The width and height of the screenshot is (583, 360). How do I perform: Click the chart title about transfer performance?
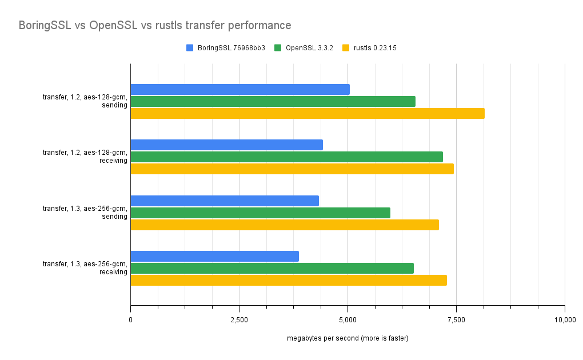pos(155,26)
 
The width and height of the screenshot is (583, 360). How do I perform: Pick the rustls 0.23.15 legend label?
pos(375,48)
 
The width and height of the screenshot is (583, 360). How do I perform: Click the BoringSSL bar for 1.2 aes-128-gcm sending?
pos(240,90)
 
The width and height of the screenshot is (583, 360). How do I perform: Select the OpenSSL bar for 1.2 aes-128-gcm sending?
pos(273,101)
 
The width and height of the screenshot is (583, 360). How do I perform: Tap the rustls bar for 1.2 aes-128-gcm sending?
pos(308,113)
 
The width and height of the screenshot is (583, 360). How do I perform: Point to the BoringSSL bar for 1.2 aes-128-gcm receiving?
pos(226,145)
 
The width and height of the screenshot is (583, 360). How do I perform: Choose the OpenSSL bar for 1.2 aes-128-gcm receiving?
pos(286,157)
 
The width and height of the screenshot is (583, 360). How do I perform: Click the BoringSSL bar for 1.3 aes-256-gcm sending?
pos(225,201)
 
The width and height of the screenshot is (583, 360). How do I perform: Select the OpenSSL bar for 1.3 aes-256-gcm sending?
pos(260,213)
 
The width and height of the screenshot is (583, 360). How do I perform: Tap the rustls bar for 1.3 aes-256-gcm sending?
pos(285,225)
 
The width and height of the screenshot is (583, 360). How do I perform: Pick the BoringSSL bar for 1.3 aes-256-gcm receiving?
pos(214,257)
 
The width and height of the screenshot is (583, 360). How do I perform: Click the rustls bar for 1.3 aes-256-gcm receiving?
pos(289,280)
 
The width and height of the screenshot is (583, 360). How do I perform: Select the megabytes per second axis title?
pos(348,338)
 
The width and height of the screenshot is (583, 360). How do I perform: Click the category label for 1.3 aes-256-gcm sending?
pos(85,213)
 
